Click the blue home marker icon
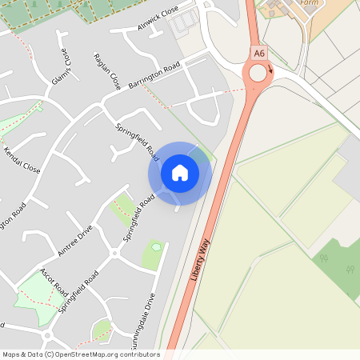click(x=180, y=172)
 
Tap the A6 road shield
click(x=258, y=53)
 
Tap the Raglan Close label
click(x=106, y=72)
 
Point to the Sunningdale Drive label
click(x=149, y=316)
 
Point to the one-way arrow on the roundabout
click(x=270, y=70)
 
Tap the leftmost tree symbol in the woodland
click(x=322, y=258)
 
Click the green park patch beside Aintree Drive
click(x=122, y=209)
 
